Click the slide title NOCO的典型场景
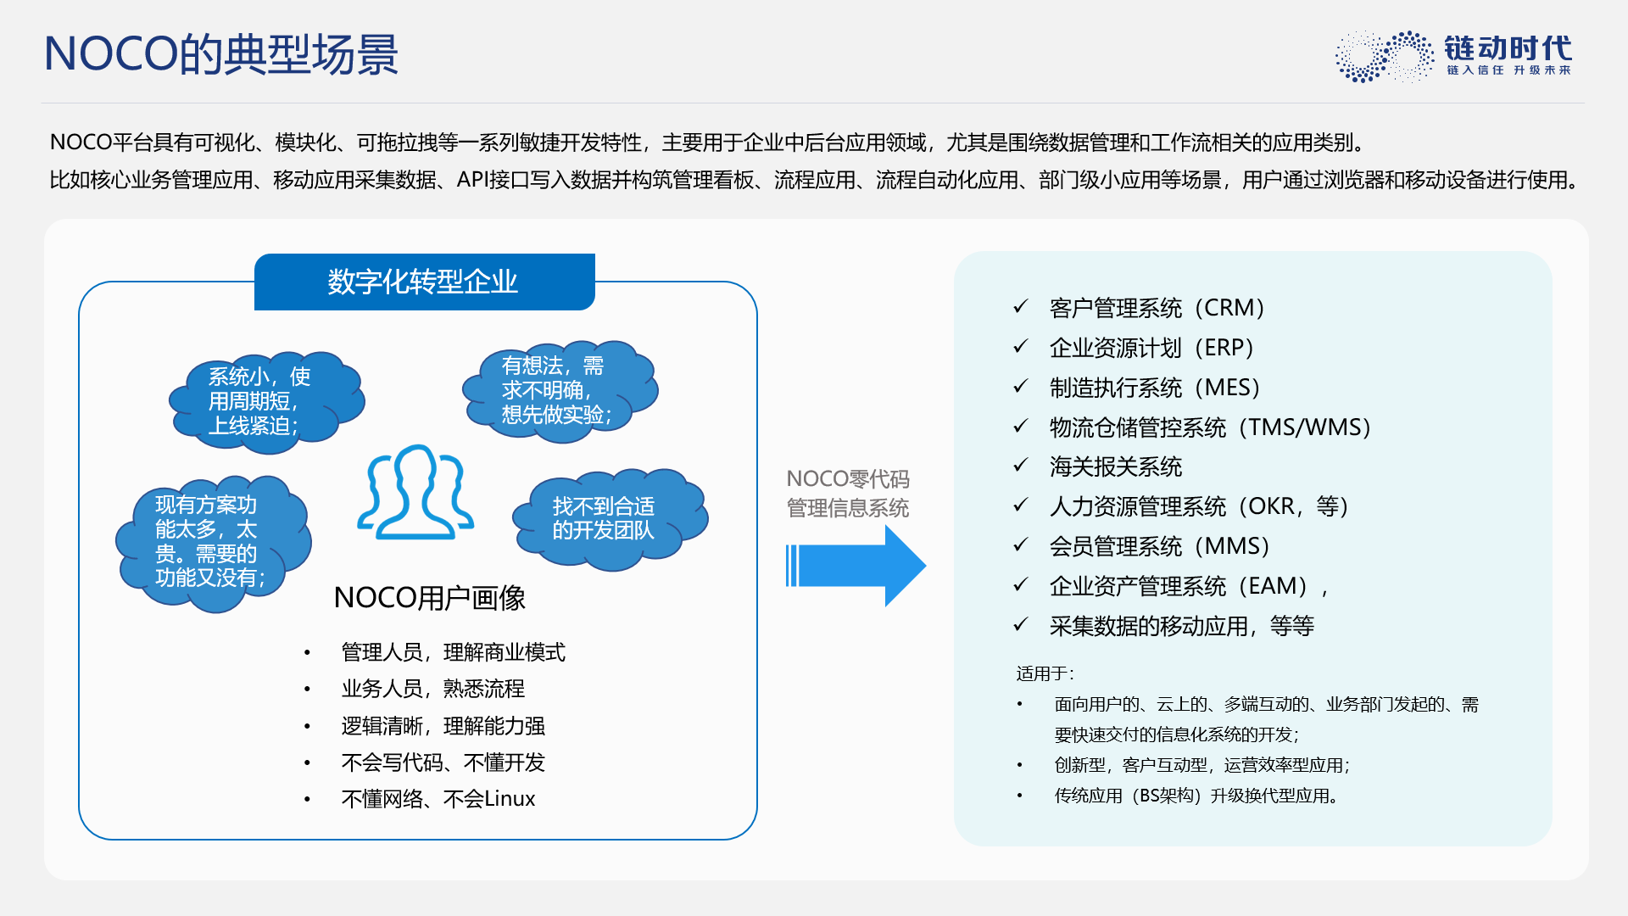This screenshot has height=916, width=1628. point(221,54)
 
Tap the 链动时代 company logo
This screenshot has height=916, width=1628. point(1453,56)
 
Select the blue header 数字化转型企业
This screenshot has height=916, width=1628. point(424,282)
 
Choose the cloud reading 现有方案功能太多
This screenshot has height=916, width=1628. point(213,543)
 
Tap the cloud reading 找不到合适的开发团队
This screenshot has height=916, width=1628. point(610,518)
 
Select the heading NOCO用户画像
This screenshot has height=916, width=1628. point(429,598)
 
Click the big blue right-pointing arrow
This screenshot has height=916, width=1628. point(856,566)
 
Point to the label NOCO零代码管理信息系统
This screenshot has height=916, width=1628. point(848,494)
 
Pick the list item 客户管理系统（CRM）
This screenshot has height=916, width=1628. point(1157,308)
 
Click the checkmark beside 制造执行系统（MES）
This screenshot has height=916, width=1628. point(1021,387)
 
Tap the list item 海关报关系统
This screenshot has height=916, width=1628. point(1116,466)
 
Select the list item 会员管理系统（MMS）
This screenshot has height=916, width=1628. point(1160,546)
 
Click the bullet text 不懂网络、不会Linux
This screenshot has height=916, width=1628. point(438,799)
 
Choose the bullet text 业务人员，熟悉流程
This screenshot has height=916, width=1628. point(433,689)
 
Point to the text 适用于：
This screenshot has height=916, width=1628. point(1045,673)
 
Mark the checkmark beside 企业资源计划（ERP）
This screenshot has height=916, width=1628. point(1021,347)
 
